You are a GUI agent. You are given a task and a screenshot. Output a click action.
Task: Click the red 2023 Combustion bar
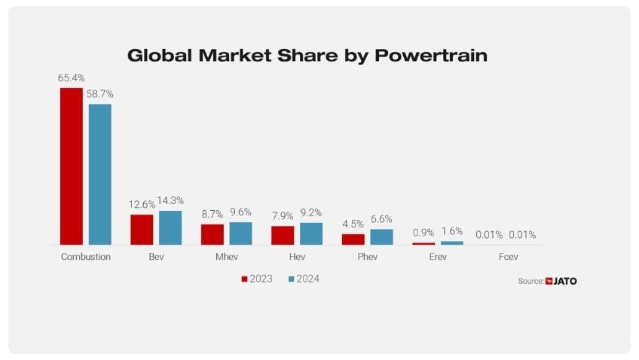72,166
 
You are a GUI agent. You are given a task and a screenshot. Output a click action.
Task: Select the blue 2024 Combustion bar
99,174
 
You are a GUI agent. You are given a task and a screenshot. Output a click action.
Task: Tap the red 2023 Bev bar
142,230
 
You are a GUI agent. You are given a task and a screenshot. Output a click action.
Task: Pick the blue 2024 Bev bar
170,227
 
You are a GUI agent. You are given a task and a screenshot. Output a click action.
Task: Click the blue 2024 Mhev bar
240,233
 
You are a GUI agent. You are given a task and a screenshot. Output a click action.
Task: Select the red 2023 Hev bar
283,235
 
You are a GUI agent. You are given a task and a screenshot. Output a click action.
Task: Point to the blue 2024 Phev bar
381,236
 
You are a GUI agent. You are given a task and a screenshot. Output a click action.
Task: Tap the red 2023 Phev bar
353,239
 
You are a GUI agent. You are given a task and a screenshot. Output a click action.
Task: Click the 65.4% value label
71,78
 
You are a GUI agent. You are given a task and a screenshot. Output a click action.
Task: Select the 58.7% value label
99,93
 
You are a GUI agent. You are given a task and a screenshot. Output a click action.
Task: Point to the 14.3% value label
170,200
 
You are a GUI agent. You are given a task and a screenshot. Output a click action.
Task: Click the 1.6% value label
452,231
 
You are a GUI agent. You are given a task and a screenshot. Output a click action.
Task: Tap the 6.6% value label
382,218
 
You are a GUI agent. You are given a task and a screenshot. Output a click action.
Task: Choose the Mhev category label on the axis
226,257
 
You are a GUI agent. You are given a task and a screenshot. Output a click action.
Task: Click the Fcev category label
508,257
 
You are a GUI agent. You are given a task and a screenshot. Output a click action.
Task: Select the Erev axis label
438,257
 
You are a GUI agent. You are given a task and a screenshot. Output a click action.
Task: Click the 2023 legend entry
256,279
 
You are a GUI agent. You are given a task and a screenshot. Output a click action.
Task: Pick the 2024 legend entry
304,279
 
